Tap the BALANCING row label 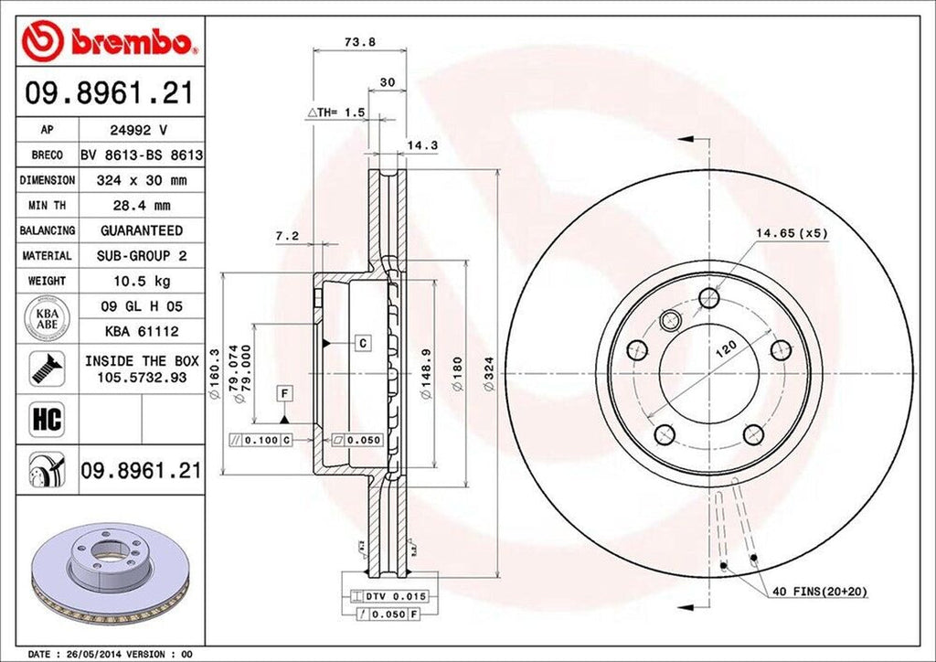point(48,230)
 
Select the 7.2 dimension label point(287,236)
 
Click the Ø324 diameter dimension point(489,376)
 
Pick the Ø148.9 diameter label point(424,376)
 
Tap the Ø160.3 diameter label point(215,376)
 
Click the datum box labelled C point(362,343)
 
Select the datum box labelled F point(285,394)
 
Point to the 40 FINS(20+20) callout point(819,592)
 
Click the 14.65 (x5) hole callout point(791,233)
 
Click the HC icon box point(47,419)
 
